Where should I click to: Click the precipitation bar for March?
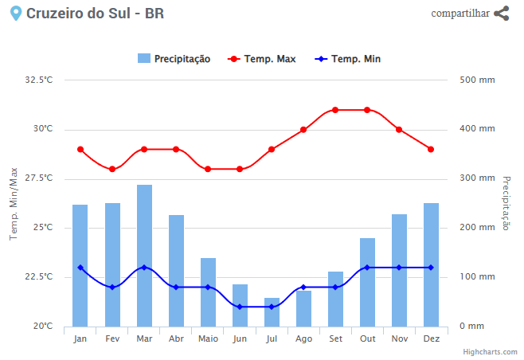(x=144, y=255)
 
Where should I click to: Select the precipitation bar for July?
(x=272, y=312)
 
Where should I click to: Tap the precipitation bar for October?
(x=367, y=282)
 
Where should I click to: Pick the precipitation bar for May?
(x=208, y=292)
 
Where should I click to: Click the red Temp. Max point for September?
(x=335, y=110)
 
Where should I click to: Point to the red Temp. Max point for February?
(x=112, y=169)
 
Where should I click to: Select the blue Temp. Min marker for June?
(x=240, y=307)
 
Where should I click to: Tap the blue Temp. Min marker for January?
(x=80, y=268)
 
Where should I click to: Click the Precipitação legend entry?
(x=174, y=59)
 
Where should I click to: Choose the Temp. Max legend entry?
(x=262, y=59)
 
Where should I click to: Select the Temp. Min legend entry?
(x=347, y=59)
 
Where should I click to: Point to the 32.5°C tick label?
(x=39, y=80)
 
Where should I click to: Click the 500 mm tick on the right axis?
(x=478, y=80)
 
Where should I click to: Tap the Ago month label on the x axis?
(x=303, y=338)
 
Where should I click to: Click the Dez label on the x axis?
(x=431, y=338)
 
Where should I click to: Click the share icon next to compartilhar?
(x=501, y=14)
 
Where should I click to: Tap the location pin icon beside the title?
(x=15, y=14)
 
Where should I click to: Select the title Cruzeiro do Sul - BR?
(x=96, y=14)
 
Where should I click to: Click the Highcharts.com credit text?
(x=491, y=351)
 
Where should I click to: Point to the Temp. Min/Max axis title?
(x=14, y=203)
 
